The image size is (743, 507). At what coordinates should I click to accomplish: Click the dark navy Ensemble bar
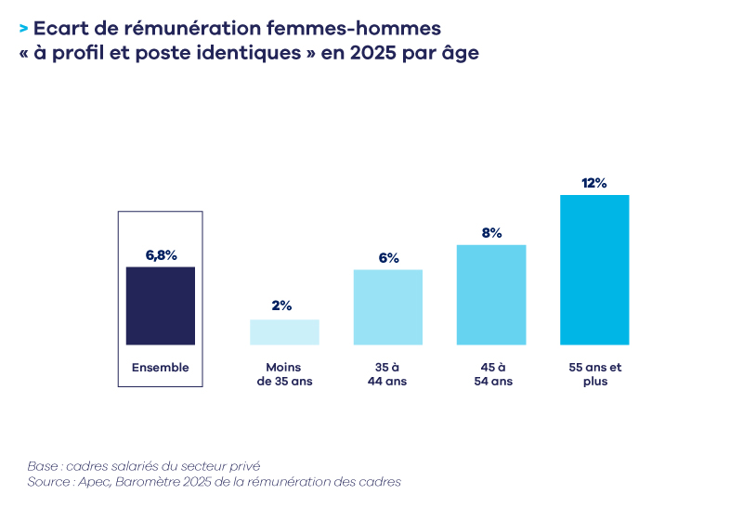[160, 305]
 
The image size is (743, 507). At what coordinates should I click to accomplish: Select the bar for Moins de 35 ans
[284, 331]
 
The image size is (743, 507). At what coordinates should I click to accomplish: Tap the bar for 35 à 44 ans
[387, 306]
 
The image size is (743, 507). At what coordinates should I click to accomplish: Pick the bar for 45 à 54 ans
[491, 294]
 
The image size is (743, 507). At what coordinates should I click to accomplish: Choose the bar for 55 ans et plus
[594, 269]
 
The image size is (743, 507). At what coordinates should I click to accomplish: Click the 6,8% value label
[160, 253]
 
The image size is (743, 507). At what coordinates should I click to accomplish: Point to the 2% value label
[282, 305]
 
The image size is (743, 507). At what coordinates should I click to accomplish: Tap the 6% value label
[387, 256]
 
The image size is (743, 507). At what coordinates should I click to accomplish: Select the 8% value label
[491, 232]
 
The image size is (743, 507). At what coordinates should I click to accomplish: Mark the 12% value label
[594, 183]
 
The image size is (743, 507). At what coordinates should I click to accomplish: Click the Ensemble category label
[160, 368]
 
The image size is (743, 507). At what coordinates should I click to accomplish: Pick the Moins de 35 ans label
[284, 374]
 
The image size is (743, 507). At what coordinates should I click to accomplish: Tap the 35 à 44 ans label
[387, 374]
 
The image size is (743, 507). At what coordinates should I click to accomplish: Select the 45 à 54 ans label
[491, 374]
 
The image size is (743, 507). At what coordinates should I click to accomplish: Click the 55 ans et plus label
[594, 374]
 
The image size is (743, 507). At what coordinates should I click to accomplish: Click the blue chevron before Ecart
[22, 29]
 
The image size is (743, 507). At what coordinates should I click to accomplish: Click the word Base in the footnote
[43, 465]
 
